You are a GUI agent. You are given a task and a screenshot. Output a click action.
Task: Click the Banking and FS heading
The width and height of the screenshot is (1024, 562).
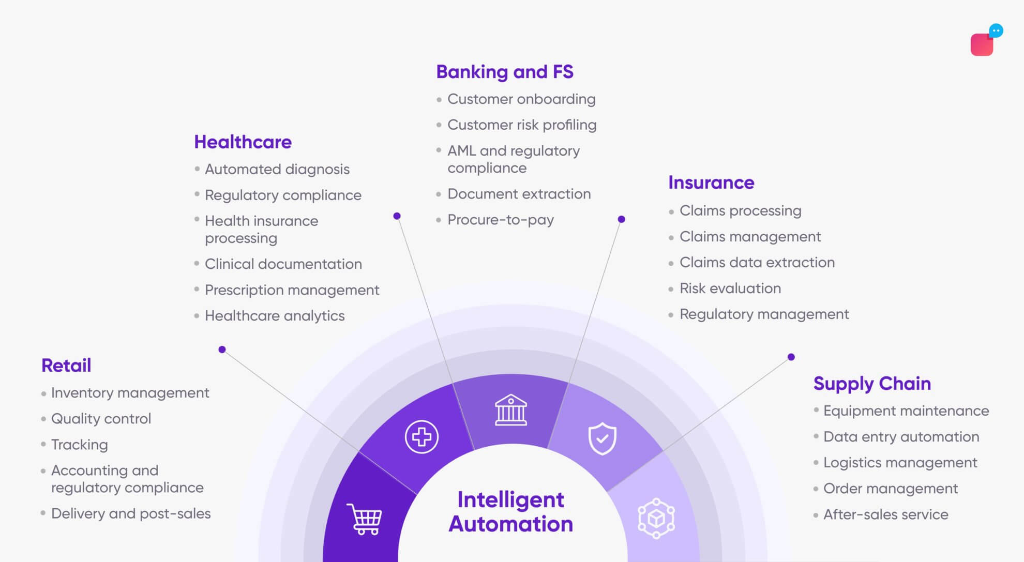coord(505,72)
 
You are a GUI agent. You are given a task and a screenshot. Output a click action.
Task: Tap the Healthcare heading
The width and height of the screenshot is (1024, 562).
coord(243,142)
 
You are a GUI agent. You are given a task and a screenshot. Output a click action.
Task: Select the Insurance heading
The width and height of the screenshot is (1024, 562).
coord(711,183)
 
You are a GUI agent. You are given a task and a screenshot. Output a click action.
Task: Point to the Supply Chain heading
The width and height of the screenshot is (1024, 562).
coord(872,384)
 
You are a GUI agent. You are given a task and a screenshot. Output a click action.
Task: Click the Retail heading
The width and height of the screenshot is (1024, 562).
coord(66,366)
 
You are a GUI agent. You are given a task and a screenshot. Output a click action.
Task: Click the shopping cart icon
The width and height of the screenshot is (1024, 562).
coord(365,519)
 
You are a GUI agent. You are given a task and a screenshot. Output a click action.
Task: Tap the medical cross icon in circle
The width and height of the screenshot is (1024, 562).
coord(421,437)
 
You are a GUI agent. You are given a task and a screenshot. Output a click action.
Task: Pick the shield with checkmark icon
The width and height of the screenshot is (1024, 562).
coord(603,438)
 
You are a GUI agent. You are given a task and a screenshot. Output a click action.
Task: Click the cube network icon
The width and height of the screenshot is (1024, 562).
coord(656,518)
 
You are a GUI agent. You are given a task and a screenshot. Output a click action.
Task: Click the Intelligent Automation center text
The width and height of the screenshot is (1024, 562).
coord(511,512)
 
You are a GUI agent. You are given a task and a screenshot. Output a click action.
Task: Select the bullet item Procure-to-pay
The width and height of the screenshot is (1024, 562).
coord(500,220)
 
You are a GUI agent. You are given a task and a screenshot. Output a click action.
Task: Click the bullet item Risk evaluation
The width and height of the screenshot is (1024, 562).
coord(730,288)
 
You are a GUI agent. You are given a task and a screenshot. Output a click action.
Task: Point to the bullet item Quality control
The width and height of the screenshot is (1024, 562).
coord(101,419)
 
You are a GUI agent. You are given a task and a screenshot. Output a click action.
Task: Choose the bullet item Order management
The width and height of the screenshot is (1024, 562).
coord(890,489)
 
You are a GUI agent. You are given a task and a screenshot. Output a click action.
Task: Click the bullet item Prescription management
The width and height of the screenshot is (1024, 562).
coord(292,290)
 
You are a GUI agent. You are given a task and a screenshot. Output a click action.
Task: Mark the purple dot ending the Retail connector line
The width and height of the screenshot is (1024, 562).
coord(222,350)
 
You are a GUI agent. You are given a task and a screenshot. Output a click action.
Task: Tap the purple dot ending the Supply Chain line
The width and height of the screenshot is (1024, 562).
coord(791,357)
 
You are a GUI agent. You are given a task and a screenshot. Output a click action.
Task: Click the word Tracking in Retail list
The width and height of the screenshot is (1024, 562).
coord(80,445)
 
